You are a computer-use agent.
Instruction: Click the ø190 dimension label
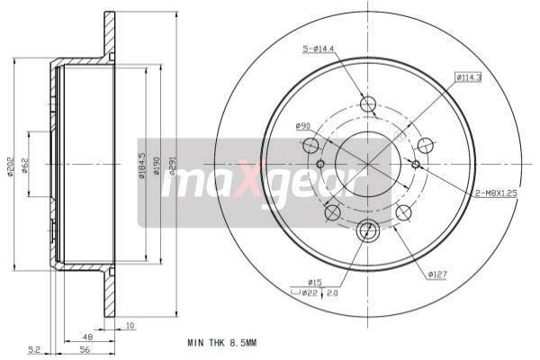pos(157,166)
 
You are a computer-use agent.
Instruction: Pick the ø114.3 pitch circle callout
pos(468,77)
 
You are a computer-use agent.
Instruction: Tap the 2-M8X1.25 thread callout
pos(499,193)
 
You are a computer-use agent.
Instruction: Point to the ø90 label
pos(303,125)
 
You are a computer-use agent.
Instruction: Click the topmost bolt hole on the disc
pos(367,103)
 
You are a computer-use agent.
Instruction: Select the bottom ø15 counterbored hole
pos(367,231)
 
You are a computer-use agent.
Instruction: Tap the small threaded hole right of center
pos(415,164)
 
